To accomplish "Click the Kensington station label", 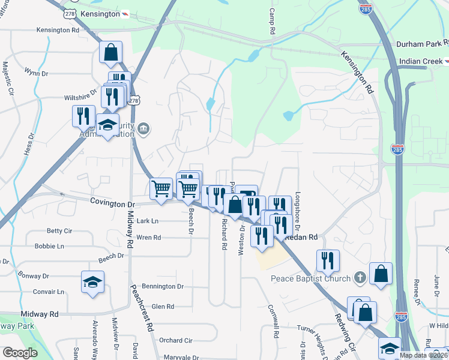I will click(x=100, y=13).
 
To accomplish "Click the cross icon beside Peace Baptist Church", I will click(x=359, y=278).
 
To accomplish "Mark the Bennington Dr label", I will click(x=163, y=287).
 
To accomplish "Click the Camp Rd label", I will click(x=272, y=20).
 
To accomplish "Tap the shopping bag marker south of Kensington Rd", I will click(x=111, y=53).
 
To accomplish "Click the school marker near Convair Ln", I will click(x=92, y=282).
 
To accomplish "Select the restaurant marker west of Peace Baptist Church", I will click(x=328, y=260).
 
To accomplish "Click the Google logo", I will click(x=20, y=353).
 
